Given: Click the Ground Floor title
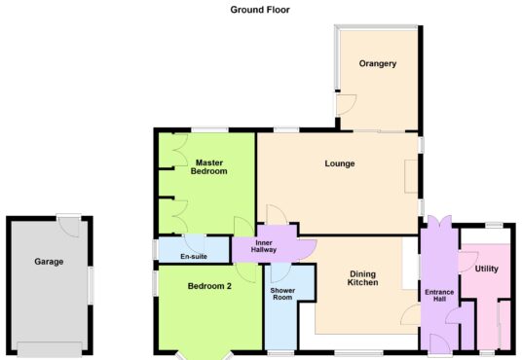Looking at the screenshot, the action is click(260, 10).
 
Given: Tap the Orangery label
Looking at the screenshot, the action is click(378, 63).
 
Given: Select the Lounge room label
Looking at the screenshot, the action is click(340, 163).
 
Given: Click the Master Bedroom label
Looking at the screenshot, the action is click(209, 167).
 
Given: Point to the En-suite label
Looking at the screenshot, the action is click(194, 256).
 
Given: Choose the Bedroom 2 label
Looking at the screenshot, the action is click(209, 286).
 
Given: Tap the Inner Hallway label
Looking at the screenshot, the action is click(264, 246).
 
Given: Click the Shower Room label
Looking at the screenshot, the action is click(282, 294).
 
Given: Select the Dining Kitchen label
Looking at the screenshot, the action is click(363, 278).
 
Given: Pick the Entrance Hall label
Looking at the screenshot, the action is click(439, 296).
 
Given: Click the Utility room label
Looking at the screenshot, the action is click(486, 269).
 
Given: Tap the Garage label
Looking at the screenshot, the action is click(49, 262).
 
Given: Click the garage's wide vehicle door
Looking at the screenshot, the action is click(50, 349).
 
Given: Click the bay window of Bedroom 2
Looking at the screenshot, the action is click(205, 356).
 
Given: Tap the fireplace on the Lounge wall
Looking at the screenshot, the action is click(411, 176).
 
